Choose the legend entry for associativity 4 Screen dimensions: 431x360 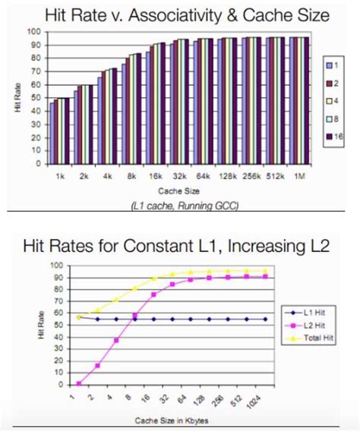pos(333,96)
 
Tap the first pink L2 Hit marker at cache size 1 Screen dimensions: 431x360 pos(78,383)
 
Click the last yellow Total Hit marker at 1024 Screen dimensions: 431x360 pos(264,271)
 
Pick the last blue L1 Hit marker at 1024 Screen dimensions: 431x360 pos(264,319)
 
